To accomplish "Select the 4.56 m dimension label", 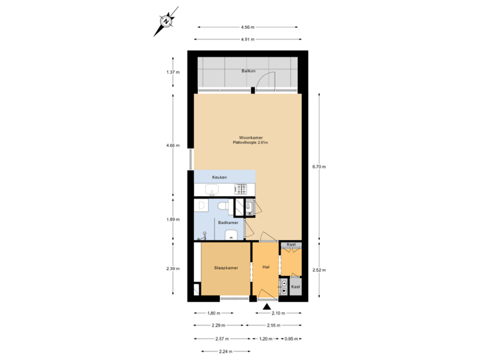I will [x=248, y=27].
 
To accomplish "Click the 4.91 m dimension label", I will [x=248, y=39].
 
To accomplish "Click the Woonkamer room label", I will [x=245, y=138].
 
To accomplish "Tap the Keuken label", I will [x=220, y=177].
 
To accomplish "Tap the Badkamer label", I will [x=228, y=223].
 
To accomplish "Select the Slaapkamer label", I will [x=226, y=268].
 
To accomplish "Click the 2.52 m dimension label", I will [x=323, y=269].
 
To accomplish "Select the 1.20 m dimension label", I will [x=265, y=339].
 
